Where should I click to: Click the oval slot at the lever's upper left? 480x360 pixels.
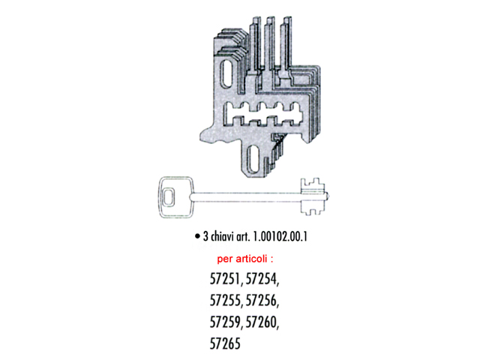tap(228, 73)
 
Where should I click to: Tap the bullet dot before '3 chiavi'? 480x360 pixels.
tap(196, 235)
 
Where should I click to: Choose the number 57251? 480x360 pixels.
tap(226, 282)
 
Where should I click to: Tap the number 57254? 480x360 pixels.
tap(267, 282)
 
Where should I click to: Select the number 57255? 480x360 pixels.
tap(226, 302)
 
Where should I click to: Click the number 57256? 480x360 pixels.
tap(267, 302)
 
